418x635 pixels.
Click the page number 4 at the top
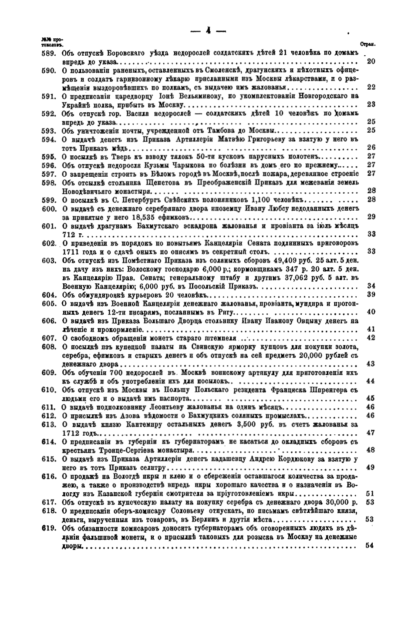(x=209, y=31)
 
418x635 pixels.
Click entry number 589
(x=47, y=53)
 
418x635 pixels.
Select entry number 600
(x=47, y=209)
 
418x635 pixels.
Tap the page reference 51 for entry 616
(x=371, y=494)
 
